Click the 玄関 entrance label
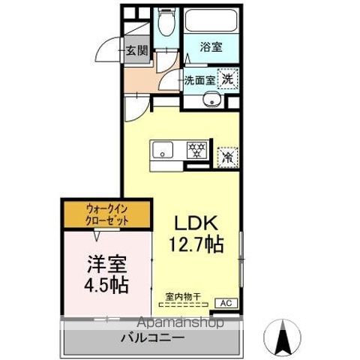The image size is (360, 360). tap(136, 51)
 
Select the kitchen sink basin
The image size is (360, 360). tap(163, 151)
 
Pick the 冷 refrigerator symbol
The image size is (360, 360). tap(227, 157)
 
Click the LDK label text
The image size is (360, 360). tap(196, 223)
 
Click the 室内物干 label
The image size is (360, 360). tap(183, 297)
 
